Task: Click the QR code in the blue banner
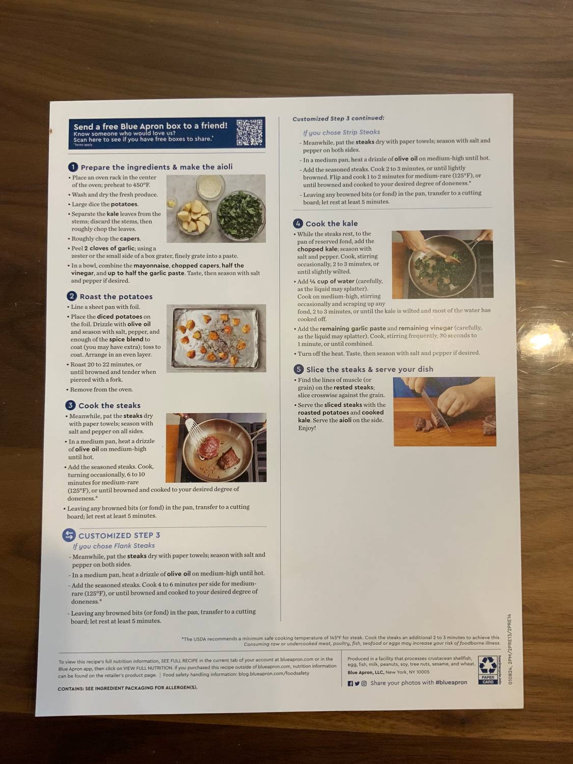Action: pos(250,132)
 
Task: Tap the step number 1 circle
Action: pos(73,167)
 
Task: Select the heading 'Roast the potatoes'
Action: pos(116,296)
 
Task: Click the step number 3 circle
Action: pos(70,405)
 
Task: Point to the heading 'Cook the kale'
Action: pos(332,224)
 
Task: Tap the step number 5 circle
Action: pos(298,369)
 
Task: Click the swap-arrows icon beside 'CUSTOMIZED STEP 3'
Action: pos(69,535)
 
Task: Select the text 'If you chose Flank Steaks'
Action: pos(114,545)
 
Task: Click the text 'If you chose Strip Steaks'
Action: pos(341,132)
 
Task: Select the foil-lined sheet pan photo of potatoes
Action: pos(216,338)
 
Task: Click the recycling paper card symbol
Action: pos(488,669)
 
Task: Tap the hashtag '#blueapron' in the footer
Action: pos(451,683)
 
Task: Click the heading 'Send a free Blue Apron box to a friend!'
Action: pos(150,126)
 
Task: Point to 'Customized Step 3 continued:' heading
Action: pos(338,118)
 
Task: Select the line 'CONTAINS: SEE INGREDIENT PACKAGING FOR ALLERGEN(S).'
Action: pos(127,688)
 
